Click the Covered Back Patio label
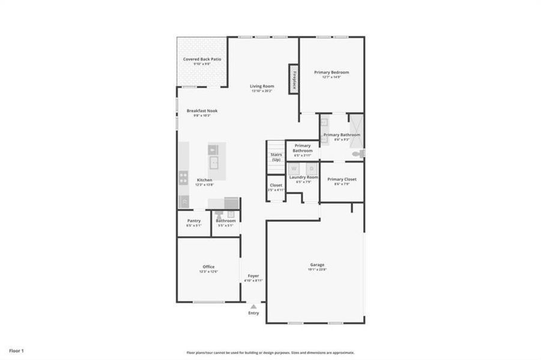pyautogui.click(x=202, y=59)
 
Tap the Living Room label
pyautogui.click(x=262, y=86)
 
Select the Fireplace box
pyautogui.click(x=294, y=79)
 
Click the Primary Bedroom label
pyautogui.click(x=331, y=72)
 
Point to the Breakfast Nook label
pyautogui.click(x=202, y=110)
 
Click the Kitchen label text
pyautogui.click(x=204, y=180)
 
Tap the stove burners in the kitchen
pyautogui.click(x=183, y=177)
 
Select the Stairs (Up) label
pyautogui.click(x=276, y=157)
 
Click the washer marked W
pyautogui.click(x=294, y=169)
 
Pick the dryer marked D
pyautogui.click(x=311, y=169)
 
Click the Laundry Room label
pyautogui.click(x=303, y=177)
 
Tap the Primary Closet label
pyautogui.click(x=342, y=179)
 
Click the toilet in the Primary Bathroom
pyautogui.click(x=358, y=154)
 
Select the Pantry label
pyautogui.click(x=193, y=220)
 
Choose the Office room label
pyautogui.click(x=208, y=266)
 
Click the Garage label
pyautogui.click(x=317, y=264)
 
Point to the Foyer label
pyautogui.click(x=253, y=275)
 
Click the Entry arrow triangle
pyautogui.click(x=253, y=307)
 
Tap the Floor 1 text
pyautogui.click(x=16, y=350)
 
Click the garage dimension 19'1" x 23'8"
pyautogui.click(x=317, y=269)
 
